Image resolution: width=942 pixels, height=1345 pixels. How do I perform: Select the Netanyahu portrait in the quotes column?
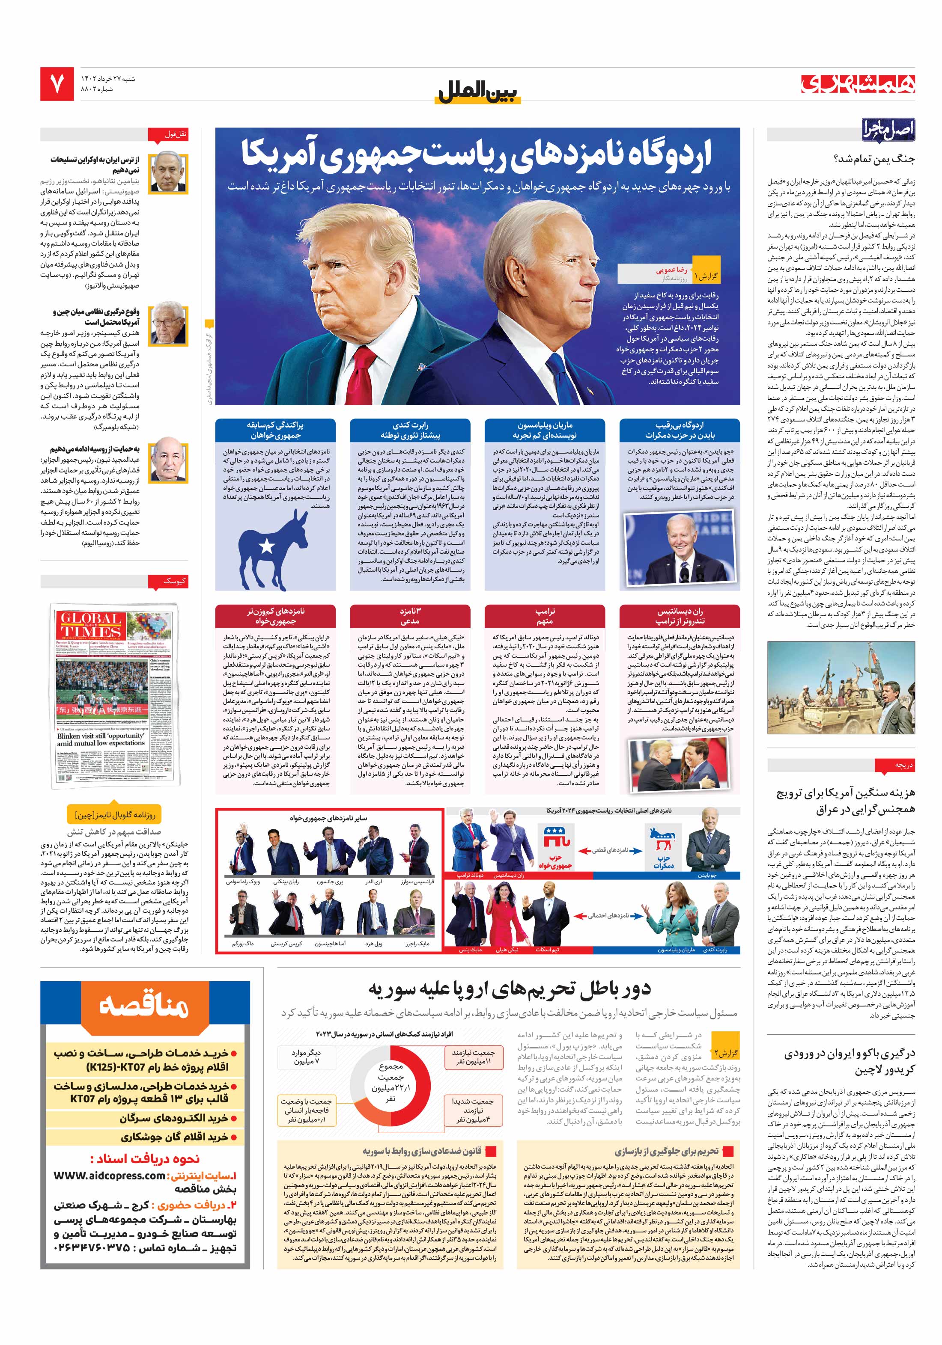pyautogui.click(x=168, y=173)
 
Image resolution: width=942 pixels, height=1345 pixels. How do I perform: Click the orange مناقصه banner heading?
pyautogui.click(x=144, y=1005)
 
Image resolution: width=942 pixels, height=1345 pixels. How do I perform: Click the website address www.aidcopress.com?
pyautogui.click(x=109, y=1175)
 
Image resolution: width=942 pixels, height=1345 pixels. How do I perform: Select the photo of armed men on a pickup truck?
pyautogui.click(x=841, y=688)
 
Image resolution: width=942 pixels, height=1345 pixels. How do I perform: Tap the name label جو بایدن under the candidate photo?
pyautogui.click(x=706, y=875)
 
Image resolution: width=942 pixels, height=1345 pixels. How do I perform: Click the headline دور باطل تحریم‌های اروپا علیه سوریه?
pyautogui.click(x=510, y=989)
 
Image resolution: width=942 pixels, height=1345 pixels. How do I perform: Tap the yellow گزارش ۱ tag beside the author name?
pyautogui.click(x=705, y=275)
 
